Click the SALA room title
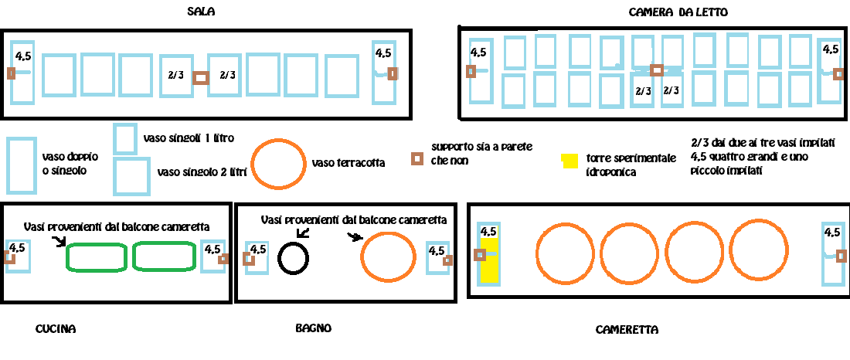pos(201,12)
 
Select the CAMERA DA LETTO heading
pos(678,12)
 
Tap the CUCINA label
pos(56,329)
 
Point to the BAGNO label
pos(313,328)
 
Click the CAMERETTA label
pos(627,330)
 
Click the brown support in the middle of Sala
pos(201,77)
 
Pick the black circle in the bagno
pos(294,258)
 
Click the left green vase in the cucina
pos(96,256)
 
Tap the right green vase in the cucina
pos(165,256)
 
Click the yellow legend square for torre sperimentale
pos(569,161)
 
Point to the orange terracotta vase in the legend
pos(279,164)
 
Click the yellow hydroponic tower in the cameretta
pos(488,263)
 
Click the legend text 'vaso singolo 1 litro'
pos(189,138)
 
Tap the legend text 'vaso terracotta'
pos(348,163)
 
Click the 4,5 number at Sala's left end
pos(23,56)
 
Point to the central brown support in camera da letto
pos(656,70)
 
